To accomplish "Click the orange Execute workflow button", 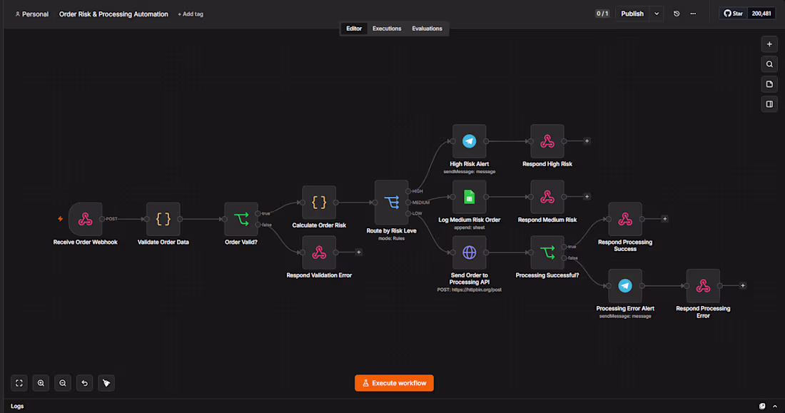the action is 394,383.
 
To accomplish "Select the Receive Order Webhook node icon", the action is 86,219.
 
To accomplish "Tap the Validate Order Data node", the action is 163,219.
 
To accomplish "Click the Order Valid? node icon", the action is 241,219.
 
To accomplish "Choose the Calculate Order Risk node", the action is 319,203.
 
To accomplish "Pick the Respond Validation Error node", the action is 319,253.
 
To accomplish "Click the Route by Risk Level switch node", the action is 392,203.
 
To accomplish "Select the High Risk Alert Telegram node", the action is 469,141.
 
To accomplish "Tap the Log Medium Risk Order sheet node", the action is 469,197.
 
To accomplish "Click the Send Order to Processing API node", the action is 469,253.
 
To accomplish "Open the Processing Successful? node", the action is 547,253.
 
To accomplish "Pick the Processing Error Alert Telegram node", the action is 625,286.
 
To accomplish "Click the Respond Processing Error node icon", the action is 703,286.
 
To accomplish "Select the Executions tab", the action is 387,29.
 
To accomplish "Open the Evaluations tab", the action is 427,29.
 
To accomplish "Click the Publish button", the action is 632,14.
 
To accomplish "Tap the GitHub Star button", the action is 733,14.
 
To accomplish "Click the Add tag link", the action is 191,14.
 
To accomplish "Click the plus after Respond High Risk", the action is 587,141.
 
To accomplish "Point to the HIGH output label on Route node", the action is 417,191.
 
